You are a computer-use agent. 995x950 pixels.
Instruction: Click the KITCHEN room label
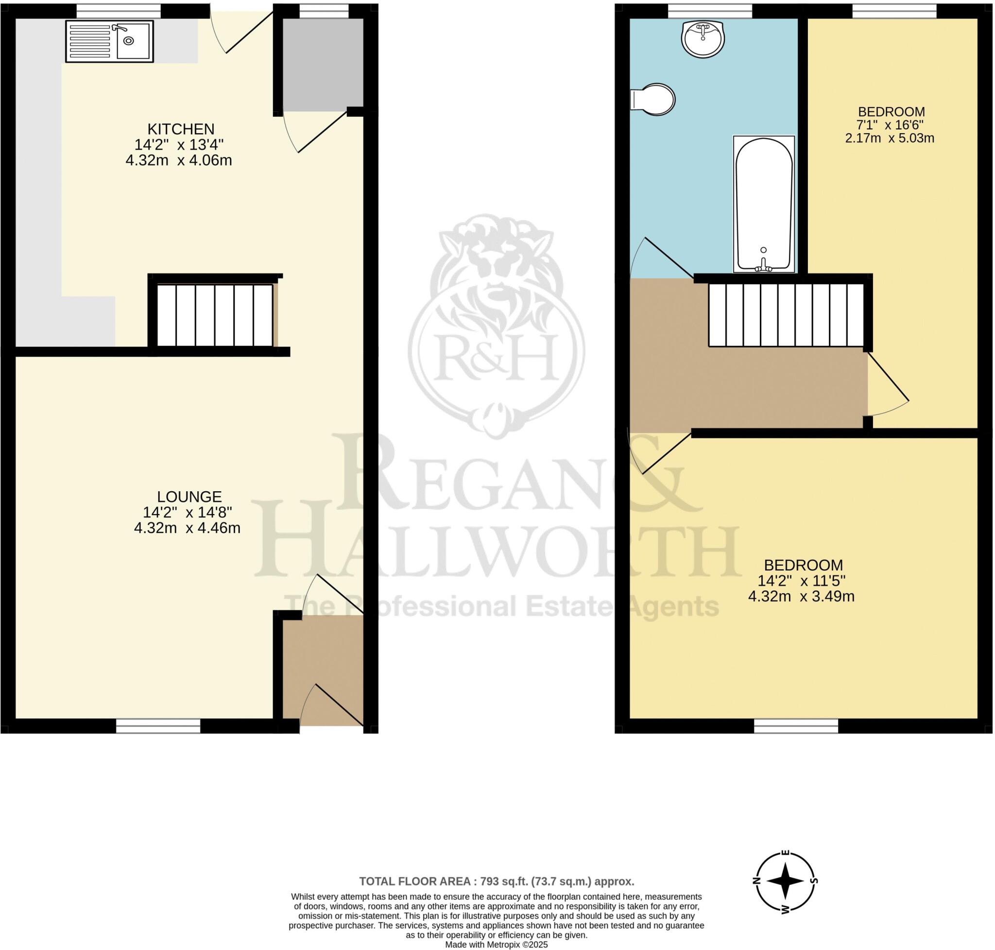click(181, 129)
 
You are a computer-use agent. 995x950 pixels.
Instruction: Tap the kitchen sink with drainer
click(109, 41)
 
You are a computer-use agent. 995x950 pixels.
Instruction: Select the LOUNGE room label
click(189, 497)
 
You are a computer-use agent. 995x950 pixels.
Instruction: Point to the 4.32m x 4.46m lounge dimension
click(187, 528)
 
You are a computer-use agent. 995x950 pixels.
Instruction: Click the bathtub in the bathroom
click(764, 204)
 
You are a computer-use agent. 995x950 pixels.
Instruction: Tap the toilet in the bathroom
click(654, 99)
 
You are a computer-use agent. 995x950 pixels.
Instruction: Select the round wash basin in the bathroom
click(703, 38)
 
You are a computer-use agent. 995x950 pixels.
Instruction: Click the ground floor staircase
click(214, 315)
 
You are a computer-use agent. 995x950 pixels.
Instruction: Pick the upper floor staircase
click(786, 315)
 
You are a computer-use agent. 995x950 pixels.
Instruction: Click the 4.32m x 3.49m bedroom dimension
click(801, 597)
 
